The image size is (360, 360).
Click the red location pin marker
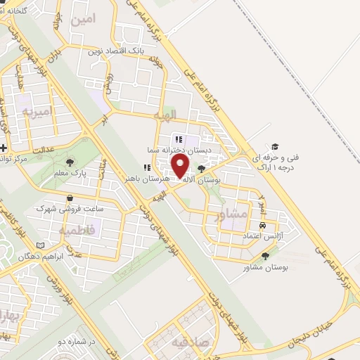click(x=181, y=166)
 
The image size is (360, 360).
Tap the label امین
click(x=82, y=20)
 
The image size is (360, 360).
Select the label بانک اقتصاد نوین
click(x=116, y=51)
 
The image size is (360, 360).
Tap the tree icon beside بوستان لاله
click(x=202, y=169)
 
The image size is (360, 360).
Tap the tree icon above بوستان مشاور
click(x=265, y=257)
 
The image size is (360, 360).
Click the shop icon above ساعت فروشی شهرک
click(x=69, y=199)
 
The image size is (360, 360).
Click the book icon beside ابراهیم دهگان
click(x=40, y=244)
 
